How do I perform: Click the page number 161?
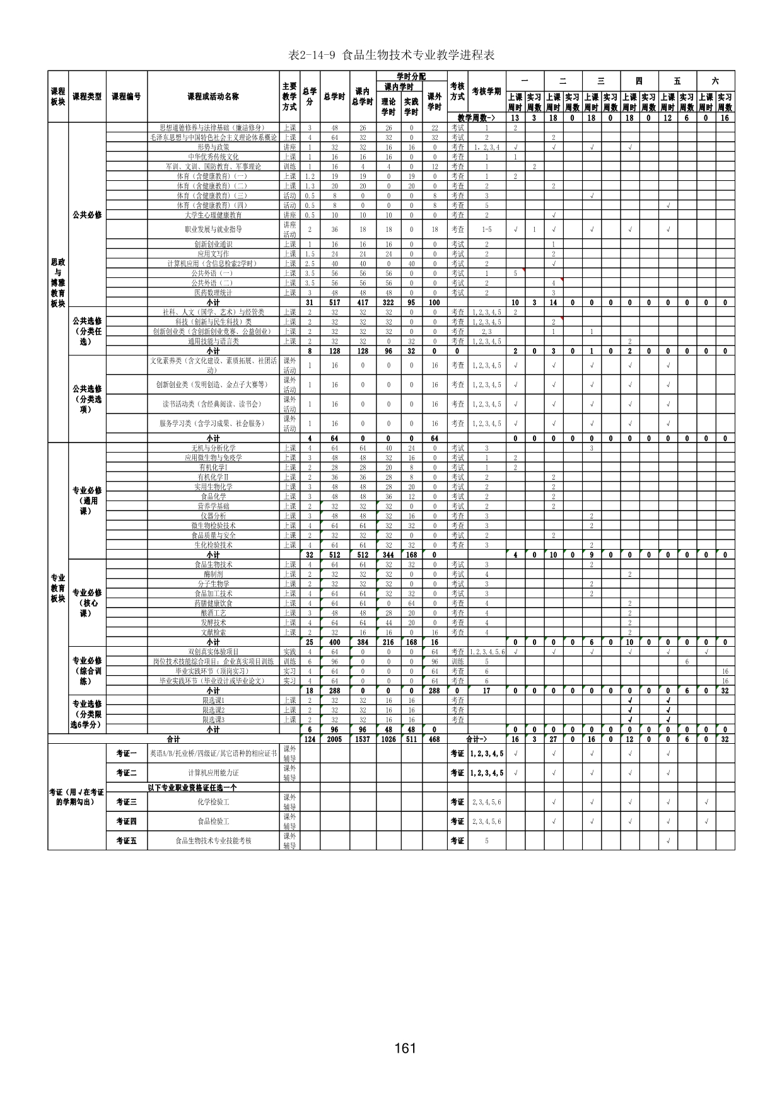[405, 1048]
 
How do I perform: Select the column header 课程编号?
[126, 97]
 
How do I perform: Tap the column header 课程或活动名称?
[213, 97]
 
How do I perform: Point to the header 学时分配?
[411, 76]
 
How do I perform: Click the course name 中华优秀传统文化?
[213, 157]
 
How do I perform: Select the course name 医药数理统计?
[213, 293]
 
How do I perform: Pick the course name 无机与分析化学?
[213, 448]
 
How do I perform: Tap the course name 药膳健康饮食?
[213, 603]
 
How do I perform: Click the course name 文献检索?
[213, 632]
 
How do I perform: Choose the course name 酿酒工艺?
[213, 613]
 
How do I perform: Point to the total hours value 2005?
[334, 739]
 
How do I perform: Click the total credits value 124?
[310, 739]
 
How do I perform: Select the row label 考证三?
[126, 802]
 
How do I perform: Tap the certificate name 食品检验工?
[213, 821]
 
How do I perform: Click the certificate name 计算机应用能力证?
[213, 773]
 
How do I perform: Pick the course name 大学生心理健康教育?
[213, 216]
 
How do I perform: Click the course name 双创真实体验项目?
[213, 652]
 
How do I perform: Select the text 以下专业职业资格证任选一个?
[192, 787]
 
